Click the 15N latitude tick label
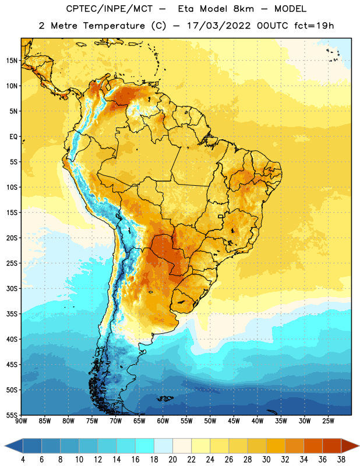12,61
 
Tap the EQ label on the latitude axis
13,137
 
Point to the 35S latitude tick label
12,314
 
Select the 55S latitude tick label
12,415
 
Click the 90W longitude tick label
21,421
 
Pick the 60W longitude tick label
163,421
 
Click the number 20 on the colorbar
172,460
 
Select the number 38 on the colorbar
341,460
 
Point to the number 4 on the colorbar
23,460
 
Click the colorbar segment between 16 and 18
144,446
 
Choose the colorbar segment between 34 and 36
313,446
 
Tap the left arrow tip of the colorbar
5,446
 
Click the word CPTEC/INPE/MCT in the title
109,9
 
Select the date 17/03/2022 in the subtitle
219,26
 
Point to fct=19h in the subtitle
314,26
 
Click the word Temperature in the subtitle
114,26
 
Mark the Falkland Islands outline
165,398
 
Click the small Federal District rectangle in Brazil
221,216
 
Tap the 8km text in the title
243,9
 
